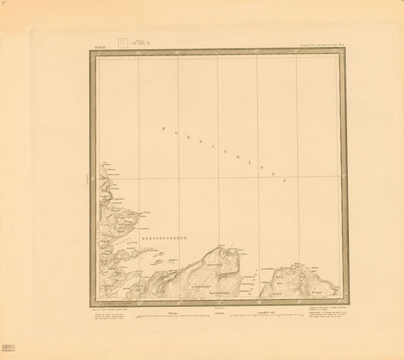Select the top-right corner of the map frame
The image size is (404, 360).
tap(347, 51)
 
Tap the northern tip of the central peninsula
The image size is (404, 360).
tap(221, 246)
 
